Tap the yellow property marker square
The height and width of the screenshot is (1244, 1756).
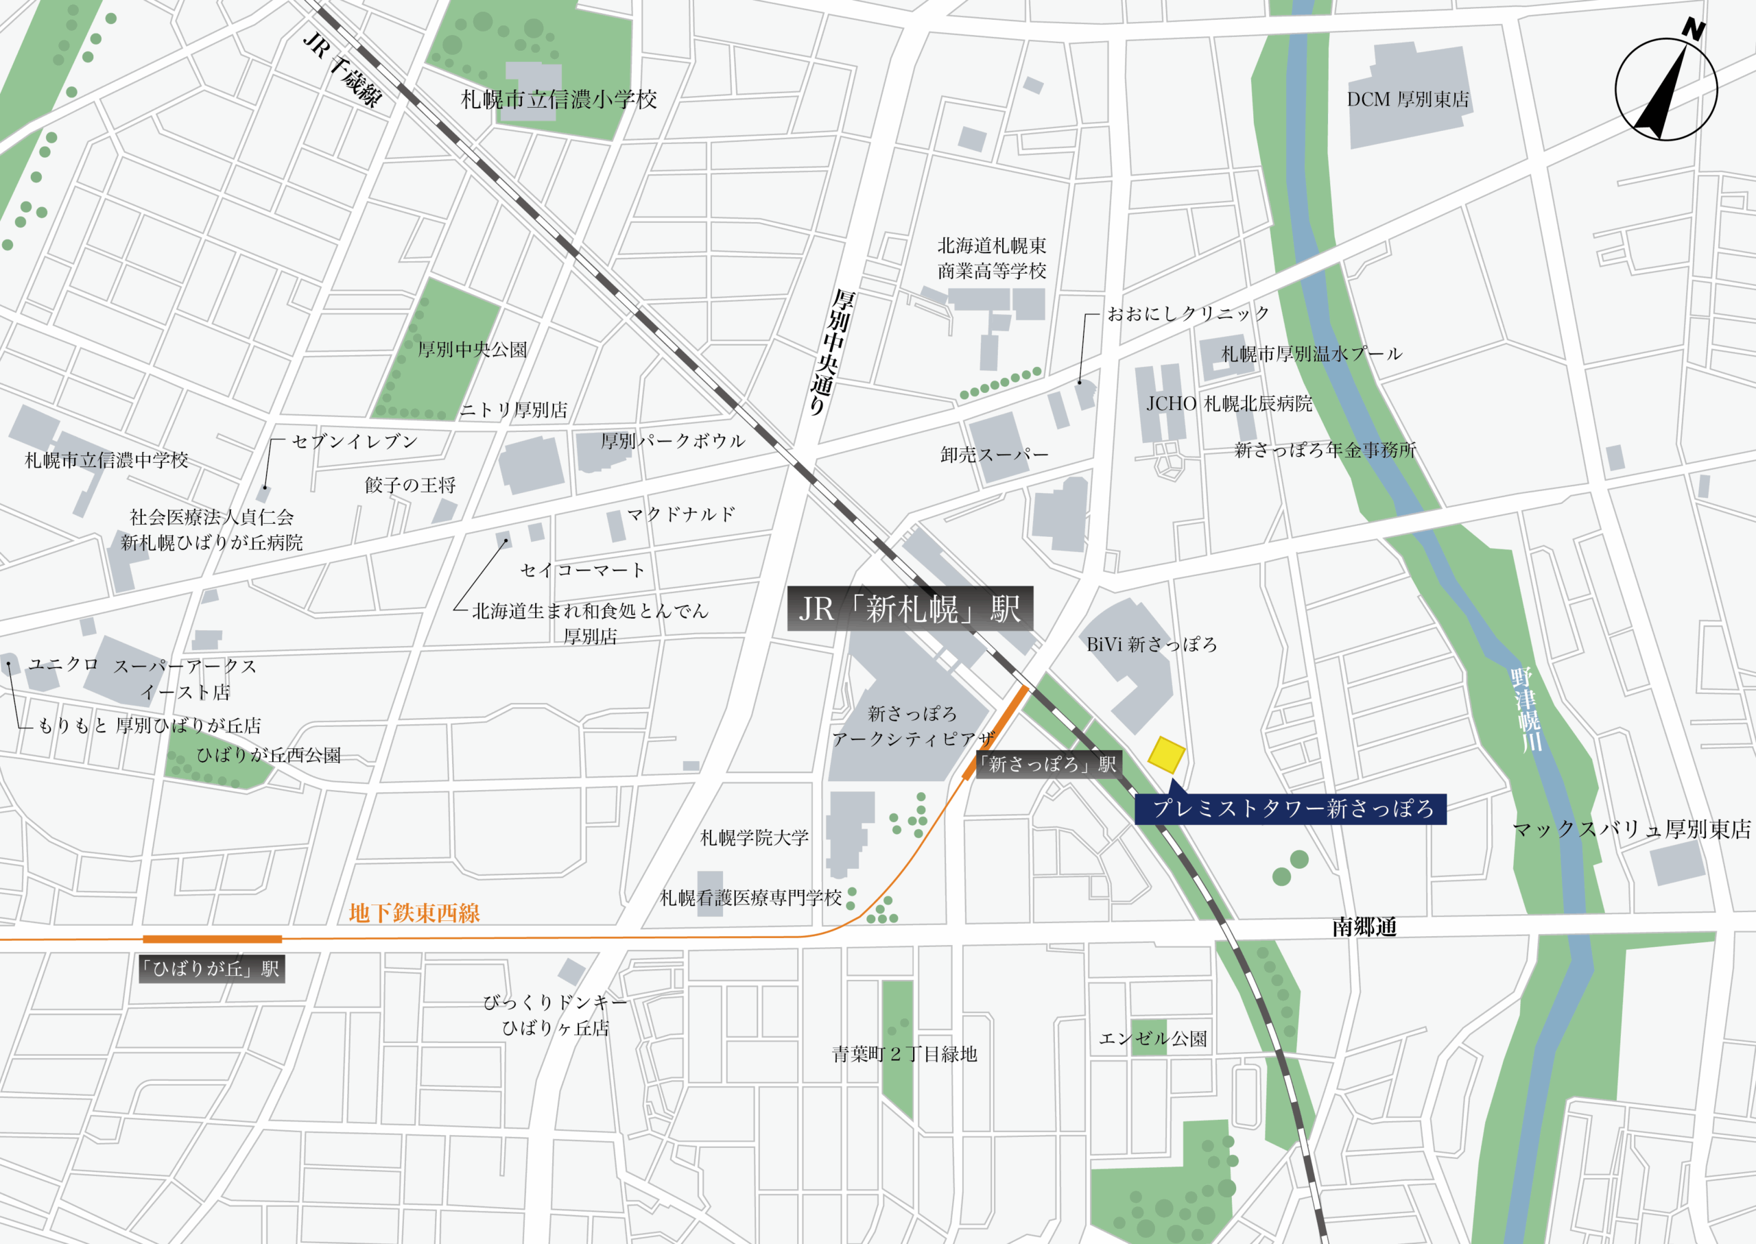[x=1166, y=755]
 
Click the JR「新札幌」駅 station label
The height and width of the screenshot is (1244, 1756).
[x=910, y=609]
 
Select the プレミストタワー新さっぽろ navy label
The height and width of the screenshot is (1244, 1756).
[x=1292, y=810]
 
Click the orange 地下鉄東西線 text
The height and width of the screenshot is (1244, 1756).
[x=414, y=913]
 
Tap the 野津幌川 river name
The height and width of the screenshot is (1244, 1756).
[x=1526, y=709]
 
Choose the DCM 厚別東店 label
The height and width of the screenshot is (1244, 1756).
[x=1408, y=99]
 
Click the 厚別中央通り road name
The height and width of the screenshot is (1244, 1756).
[x=831, y=352]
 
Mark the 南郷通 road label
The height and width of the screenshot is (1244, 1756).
[x=1364, y=928]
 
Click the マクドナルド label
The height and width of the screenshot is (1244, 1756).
[x=681, y=514]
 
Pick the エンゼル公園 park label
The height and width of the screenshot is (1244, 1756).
[x=1153, y=1039]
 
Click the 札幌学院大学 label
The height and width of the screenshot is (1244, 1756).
[x=754, y=838]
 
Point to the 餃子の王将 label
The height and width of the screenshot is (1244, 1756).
[x=410, y=485]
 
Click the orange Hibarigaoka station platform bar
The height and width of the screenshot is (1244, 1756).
[x=212, y=939]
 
